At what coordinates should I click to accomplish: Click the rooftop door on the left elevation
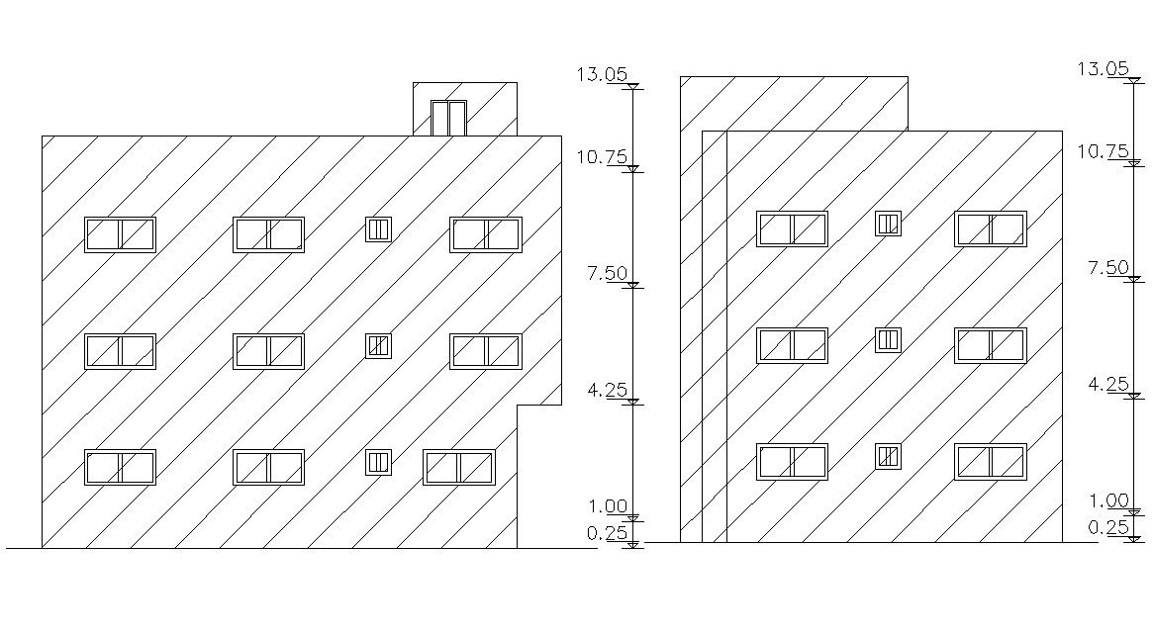[448, 118]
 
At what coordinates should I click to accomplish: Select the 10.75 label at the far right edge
[1103, 151]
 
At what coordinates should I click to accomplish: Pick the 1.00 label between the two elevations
[608, 506]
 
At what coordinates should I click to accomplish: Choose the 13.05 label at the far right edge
[1103, 68]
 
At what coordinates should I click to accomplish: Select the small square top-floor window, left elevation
[378, 229]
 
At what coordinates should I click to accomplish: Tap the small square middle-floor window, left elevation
[378, 345]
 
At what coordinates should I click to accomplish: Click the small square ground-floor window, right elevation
[888, 456]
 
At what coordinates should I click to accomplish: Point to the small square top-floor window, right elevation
[888, 224]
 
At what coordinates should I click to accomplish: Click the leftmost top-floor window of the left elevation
[120, 234]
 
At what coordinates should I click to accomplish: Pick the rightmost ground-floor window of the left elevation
[458, 467]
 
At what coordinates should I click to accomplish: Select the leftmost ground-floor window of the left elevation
[120, 467]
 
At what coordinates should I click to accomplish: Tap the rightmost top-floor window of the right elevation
[990, 228]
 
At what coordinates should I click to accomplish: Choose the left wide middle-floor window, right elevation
[792, 345]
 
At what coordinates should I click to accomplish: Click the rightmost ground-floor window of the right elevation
[990, 461]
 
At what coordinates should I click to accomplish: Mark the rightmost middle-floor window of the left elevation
[485, 351]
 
